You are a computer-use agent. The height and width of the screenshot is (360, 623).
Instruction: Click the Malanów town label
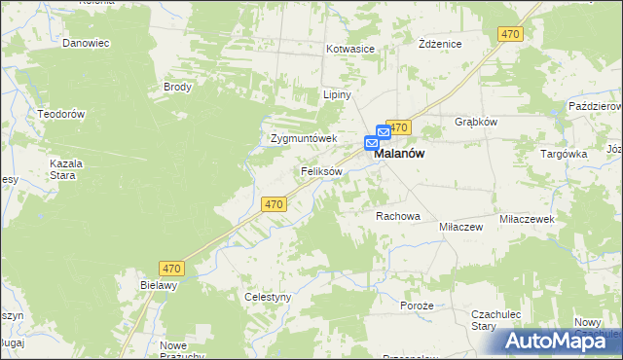(404, 154)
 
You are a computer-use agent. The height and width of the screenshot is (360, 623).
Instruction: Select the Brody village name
(178, 86)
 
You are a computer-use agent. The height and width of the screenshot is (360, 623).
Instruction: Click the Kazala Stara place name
(67, 169)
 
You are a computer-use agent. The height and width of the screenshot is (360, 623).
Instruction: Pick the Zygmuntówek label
(303, 138)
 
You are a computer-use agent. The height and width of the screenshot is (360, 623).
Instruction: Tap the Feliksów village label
(320, 171)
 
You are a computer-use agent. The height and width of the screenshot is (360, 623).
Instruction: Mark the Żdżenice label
(439, 45)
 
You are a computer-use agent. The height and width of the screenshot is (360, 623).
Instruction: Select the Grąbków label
(476, 122)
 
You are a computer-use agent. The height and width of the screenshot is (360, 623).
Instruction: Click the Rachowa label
(397, 216)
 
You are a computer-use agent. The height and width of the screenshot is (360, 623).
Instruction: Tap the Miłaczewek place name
(527, 220)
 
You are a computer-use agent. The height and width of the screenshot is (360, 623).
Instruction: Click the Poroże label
(416, 305)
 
